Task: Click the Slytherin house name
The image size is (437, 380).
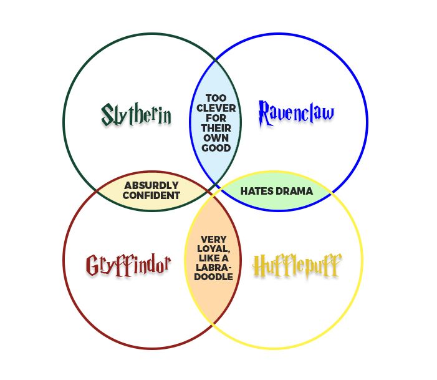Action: click(x=136, y=115)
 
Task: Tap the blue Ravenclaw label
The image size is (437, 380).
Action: click(x=296, y=114)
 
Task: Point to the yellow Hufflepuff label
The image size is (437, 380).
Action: click(x=297, y=266)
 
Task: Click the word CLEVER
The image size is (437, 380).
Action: click(x=216, y=108)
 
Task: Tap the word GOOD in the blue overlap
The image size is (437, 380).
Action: click(x=216, y=148)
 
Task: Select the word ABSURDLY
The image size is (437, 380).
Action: click(x=151, y=185)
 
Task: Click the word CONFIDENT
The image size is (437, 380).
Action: click(x=151, y=195)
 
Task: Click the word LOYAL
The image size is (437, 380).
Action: click(x=214, y=248)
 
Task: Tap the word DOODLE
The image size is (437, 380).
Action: click(x=213, y=277)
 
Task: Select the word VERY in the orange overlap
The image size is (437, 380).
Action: click(x=213, y=240)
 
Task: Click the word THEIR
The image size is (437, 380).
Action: click(x=216, y=128)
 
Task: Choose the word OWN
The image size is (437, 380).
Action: click(x=216, y=138)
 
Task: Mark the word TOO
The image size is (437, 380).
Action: click(x=216, y=98)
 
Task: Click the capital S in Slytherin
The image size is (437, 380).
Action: click(x=107, y=114)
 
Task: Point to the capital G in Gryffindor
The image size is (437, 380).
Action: click(x=92, y=265)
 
